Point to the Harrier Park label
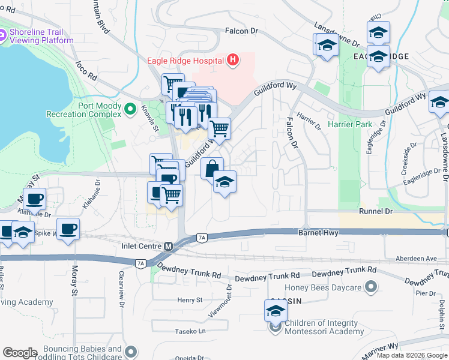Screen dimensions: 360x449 pos(351,125)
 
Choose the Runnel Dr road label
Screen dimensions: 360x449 pos(376,212)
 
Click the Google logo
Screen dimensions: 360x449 pos(20,353)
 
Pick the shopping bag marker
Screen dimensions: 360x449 pos(212,169)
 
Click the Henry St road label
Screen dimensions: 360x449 pos(190,300)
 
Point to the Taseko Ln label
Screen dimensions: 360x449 pos(190,331)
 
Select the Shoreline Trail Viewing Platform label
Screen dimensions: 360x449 pos(41,36)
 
